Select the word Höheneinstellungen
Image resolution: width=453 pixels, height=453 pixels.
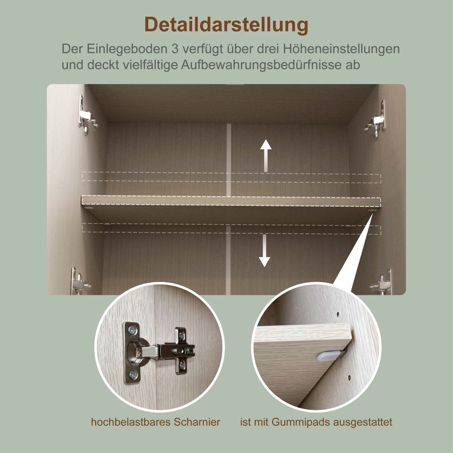[x=341, y=49]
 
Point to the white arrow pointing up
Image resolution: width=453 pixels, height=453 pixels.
[x=266, y=156]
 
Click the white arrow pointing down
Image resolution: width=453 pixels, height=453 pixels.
[x=265, y=251]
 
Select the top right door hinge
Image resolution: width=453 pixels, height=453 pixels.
[x=376, y=120]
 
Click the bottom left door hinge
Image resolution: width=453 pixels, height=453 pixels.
[x=79, y=281]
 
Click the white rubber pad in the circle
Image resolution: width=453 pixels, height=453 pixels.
[x=329, y=356]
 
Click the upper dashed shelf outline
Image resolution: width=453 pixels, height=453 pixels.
[x=231, y=177]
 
